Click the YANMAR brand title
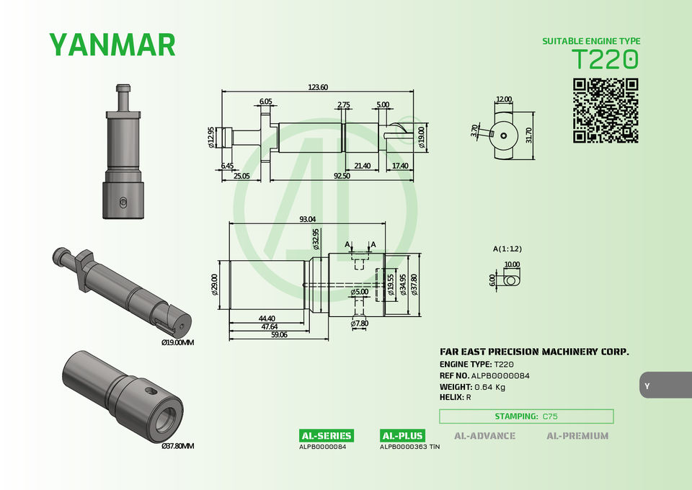pos(112,45)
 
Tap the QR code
pos(605,111)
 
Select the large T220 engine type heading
pos(605,59)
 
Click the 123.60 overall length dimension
pos(318,87)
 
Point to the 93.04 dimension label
pos(308,219)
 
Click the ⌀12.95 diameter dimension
pos(211,137)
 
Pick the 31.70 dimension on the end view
pos(529,135)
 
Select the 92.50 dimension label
pos(342,176)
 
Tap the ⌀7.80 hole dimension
pos(359,324)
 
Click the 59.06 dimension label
pos(279,335)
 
